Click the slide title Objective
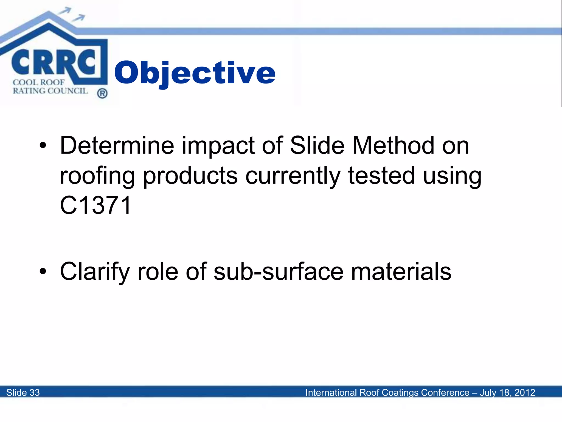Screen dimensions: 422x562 (x=195, y=73)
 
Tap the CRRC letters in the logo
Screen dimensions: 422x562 (x=54, y=62)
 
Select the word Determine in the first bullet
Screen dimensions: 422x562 (x=117, y=145)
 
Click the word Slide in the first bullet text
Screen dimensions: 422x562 (x=317, y=145)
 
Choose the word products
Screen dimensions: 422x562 (x=190, y=176)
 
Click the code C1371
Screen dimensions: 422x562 (x=95, y=205)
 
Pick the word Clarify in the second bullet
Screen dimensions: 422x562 (x=95, y=272)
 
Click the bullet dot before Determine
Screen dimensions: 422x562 (x=43, y=146)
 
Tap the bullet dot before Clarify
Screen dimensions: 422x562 (x=43, y=271)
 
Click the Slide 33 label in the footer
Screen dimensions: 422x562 (x=23, y=393)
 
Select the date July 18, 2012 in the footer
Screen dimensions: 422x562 (x=507, y=393)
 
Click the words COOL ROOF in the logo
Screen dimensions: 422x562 (x=39, y=82)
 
